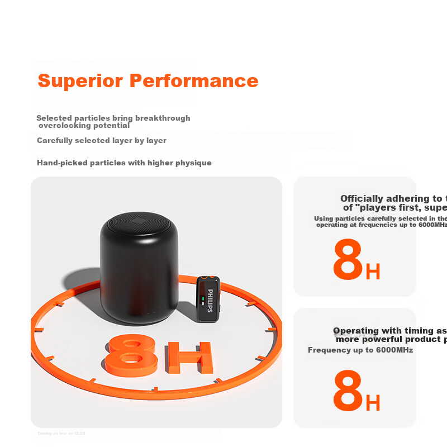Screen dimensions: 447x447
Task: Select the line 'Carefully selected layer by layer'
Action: click(x=102, y=140)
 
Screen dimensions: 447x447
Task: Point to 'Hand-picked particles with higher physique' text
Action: click(x=124, y=163)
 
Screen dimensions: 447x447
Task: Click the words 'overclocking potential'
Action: click(x=84, y=126)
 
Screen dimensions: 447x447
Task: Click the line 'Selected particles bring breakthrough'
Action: click(x=113, y=118)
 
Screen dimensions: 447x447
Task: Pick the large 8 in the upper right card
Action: click(x=348, y=260)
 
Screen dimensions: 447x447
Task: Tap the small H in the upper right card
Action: click(x=373, y=272)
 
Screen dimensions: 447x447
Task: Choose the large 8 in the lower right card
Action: click(x=348, y=392)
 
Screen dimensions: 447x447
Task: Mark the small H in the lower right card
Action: click(x=373, y=403)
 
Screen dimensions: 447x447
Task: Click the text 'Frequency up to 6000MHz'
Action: click(x=360, y=350)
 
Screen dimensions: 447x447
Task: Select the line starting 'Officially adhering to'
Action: click(x=393, y=198)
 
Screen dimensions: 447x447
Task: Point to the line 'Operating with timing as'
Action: click(x=389, y=331)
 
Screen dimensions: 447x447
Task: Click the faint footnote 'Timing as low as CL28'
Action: click(x=61, y=433)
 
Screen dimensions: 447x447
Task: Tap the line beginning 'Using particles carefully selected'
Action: click(x=380, y=218)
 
